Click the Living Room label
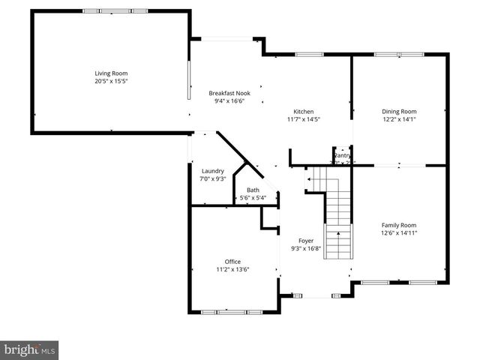(x=111, y=73)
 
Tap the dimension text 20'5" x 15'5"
(x=111, y=81)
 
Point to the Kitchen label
(x=303, y=111)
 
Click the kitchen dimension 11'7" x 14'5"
(x=303, y=119)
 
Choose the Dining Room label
(x=399, y=111)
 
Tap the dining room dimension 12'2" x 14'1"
(x=399, y=119)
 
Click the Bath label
(x=253, y=190)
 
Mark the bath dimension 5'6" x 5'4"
(x=253, y=198)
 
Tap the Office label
(x=232, y=261)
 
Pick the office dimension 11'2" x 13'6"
(x=232, y=269)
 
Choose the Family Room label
(x=399, y=225)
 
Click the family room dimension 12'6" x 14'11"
(x=399, y=233)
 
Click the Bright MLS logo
(x=30, y=349)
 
